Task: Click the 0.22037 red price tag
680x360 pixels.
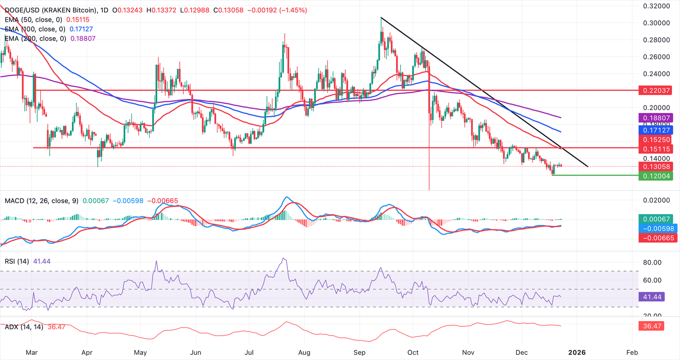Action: coord(655,90)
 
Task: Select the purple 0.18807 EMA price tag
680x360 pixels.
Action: coord(655,118)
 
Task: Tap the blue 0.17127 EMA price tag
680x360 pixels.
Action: coord(655,130)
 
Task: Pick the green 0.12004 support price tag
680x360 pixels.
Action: coord(655,176)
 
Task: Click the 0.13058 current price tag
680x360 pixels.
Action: coord(655,166)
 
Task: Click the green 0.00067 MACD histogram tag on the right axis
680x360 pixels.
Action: coord(655,219)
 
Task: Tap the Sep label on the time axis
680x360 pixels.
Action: coord(359,352)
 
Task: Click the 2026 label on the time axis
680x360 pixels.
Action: coord(577,352)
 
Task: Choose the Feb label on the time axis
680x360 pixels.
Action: coord(632,352)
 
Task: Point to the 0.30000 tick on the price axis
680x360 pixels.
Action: coord(657,23)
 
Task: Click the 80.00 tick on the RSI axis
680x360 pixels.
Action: coord(652,263)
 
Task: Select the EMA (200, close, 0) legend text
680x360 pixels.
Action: coord(35,39)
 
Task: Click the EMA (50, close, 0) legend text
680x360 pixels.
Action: coord(34,19)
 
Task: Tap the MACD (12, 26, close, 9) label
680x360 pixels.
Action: coord(41,201)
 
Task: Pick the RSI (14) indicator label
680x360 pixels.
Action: coord(17,261)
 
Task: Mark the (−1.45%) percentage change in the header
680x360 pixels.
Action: coord(293,10)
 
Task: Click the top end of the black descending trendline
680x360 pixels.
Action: coord(381,17)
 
